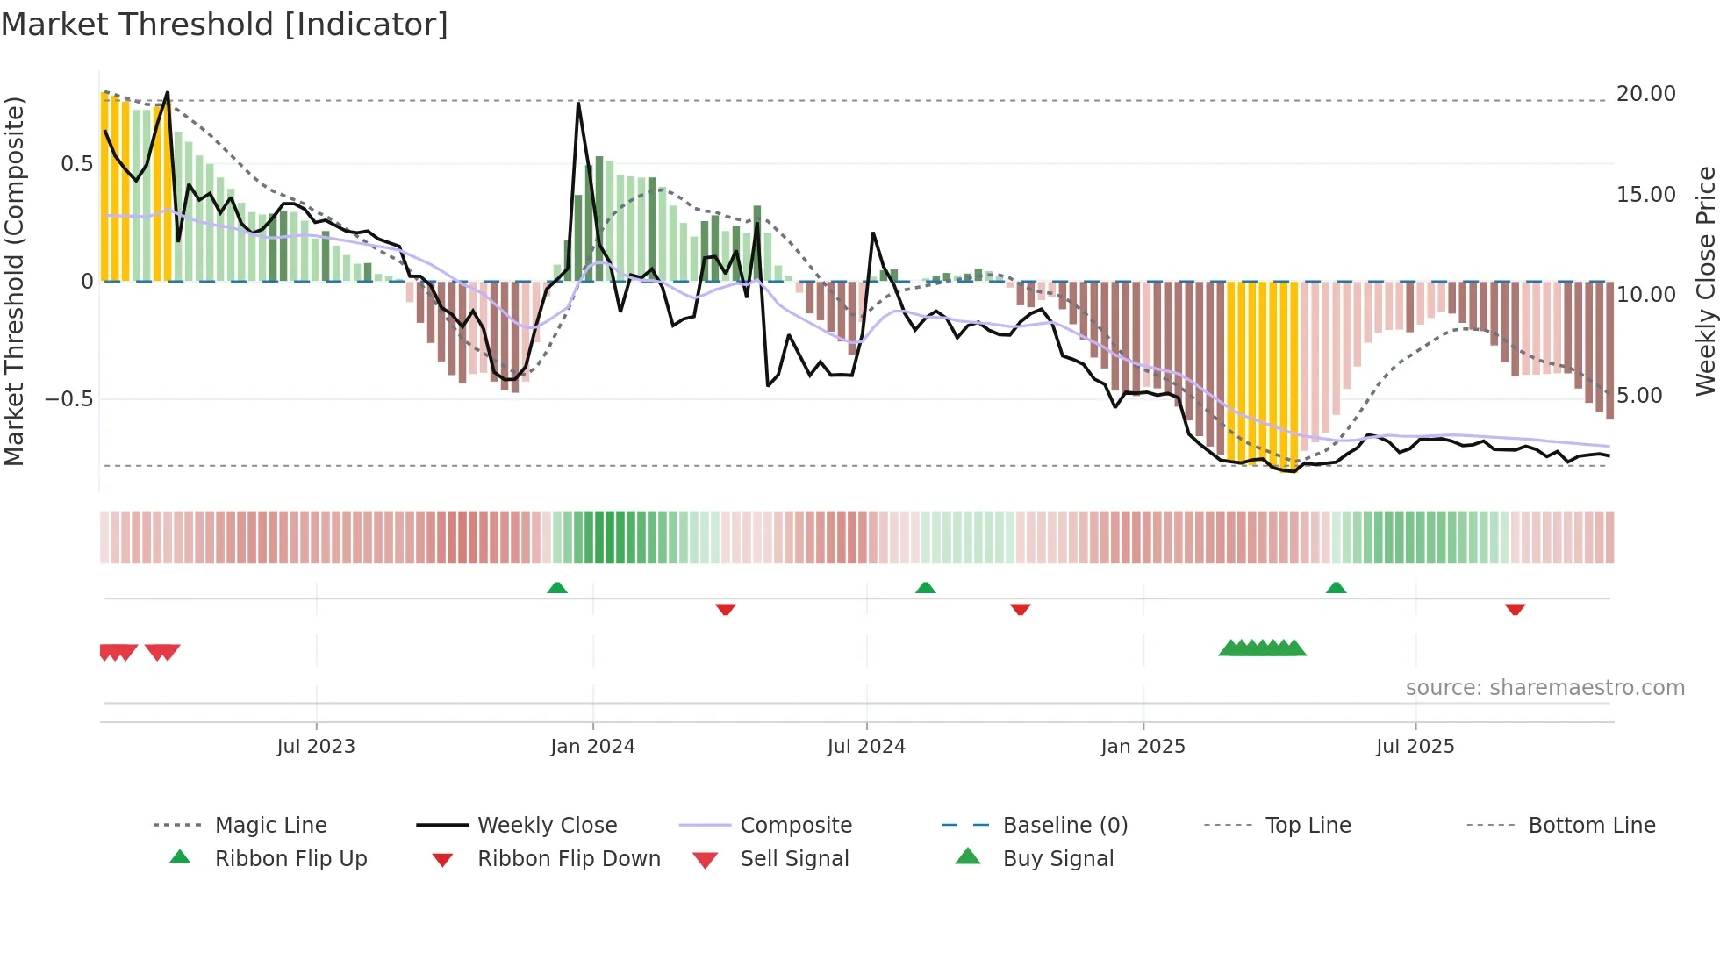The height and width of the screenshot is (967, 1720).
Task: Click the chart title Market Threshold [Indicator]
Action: point(225,25)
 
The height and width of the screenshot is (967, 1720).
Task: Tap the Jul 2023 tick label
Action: point(316,747)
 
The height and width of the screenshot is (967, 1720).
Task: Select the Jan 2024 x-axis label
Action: point(592,747)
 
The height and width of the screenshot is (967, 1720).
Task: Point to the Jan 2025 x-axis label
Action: point(1143,747)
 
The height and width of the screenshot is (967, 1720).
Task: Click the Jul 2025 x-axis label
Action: point(1415,747)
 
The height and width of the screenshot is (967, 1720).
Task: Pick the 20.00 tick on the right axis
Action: point(1645,94)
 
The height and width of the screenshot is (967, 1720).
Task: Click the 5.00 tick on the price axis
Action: point(1639,396)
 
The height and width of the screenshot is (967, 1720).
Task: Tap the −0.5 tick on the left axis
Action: point(68,399)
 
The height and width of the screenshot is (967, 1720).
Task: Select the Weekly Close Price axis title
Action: point(1705,281)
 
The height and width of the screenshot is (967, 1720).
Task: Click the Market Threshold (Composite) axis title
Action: point(14,281)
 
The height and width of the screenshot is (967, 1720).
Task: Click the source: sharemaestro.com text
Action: point(1544,688)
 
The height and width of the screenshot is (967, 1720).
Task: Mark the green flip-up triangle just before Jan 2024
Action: point(556,588)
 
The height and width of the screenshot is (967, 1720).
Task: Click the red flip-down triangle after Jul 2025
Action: point(1515,609)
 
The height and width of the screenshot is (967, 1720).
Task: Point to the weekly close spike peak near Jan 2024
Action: point(578,104)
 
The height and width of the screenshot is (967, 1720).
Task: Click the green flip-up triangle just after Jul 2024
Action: point(925,588)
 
